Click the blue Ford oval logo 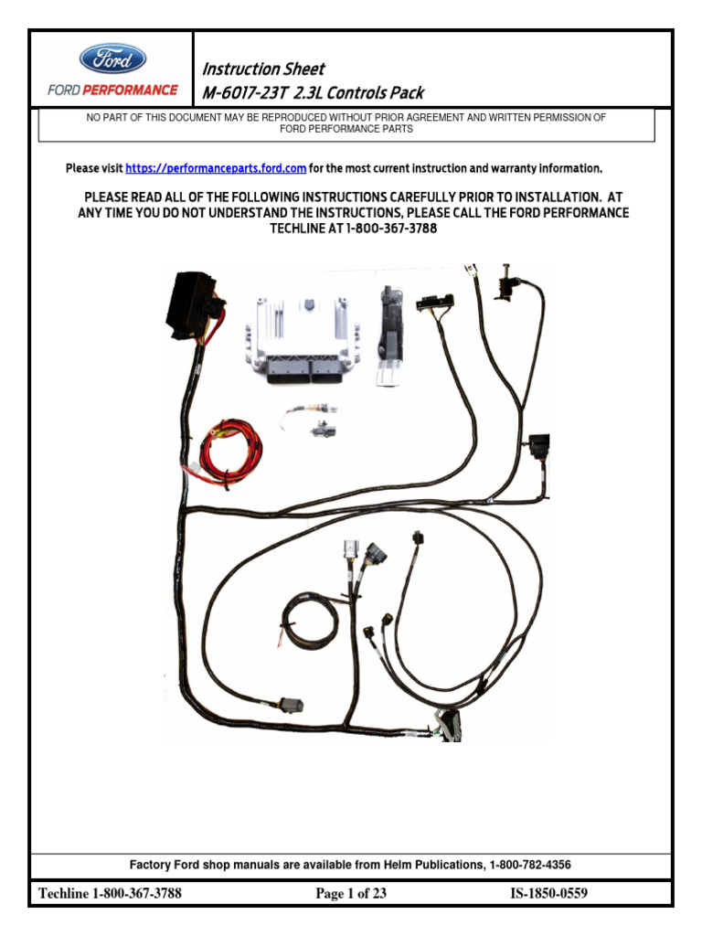pyautogui.click(x=112, y=59)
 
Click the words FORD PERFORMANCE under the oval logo pyautogui.click(x=112, y=90)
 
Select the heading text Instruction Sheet pyautogui.click(x=262, y=69)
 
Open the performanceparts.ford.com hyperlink pyautogui.click(x=216, y=168)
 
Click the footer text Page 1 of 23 pyautogui.click(x=351, y=894)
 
